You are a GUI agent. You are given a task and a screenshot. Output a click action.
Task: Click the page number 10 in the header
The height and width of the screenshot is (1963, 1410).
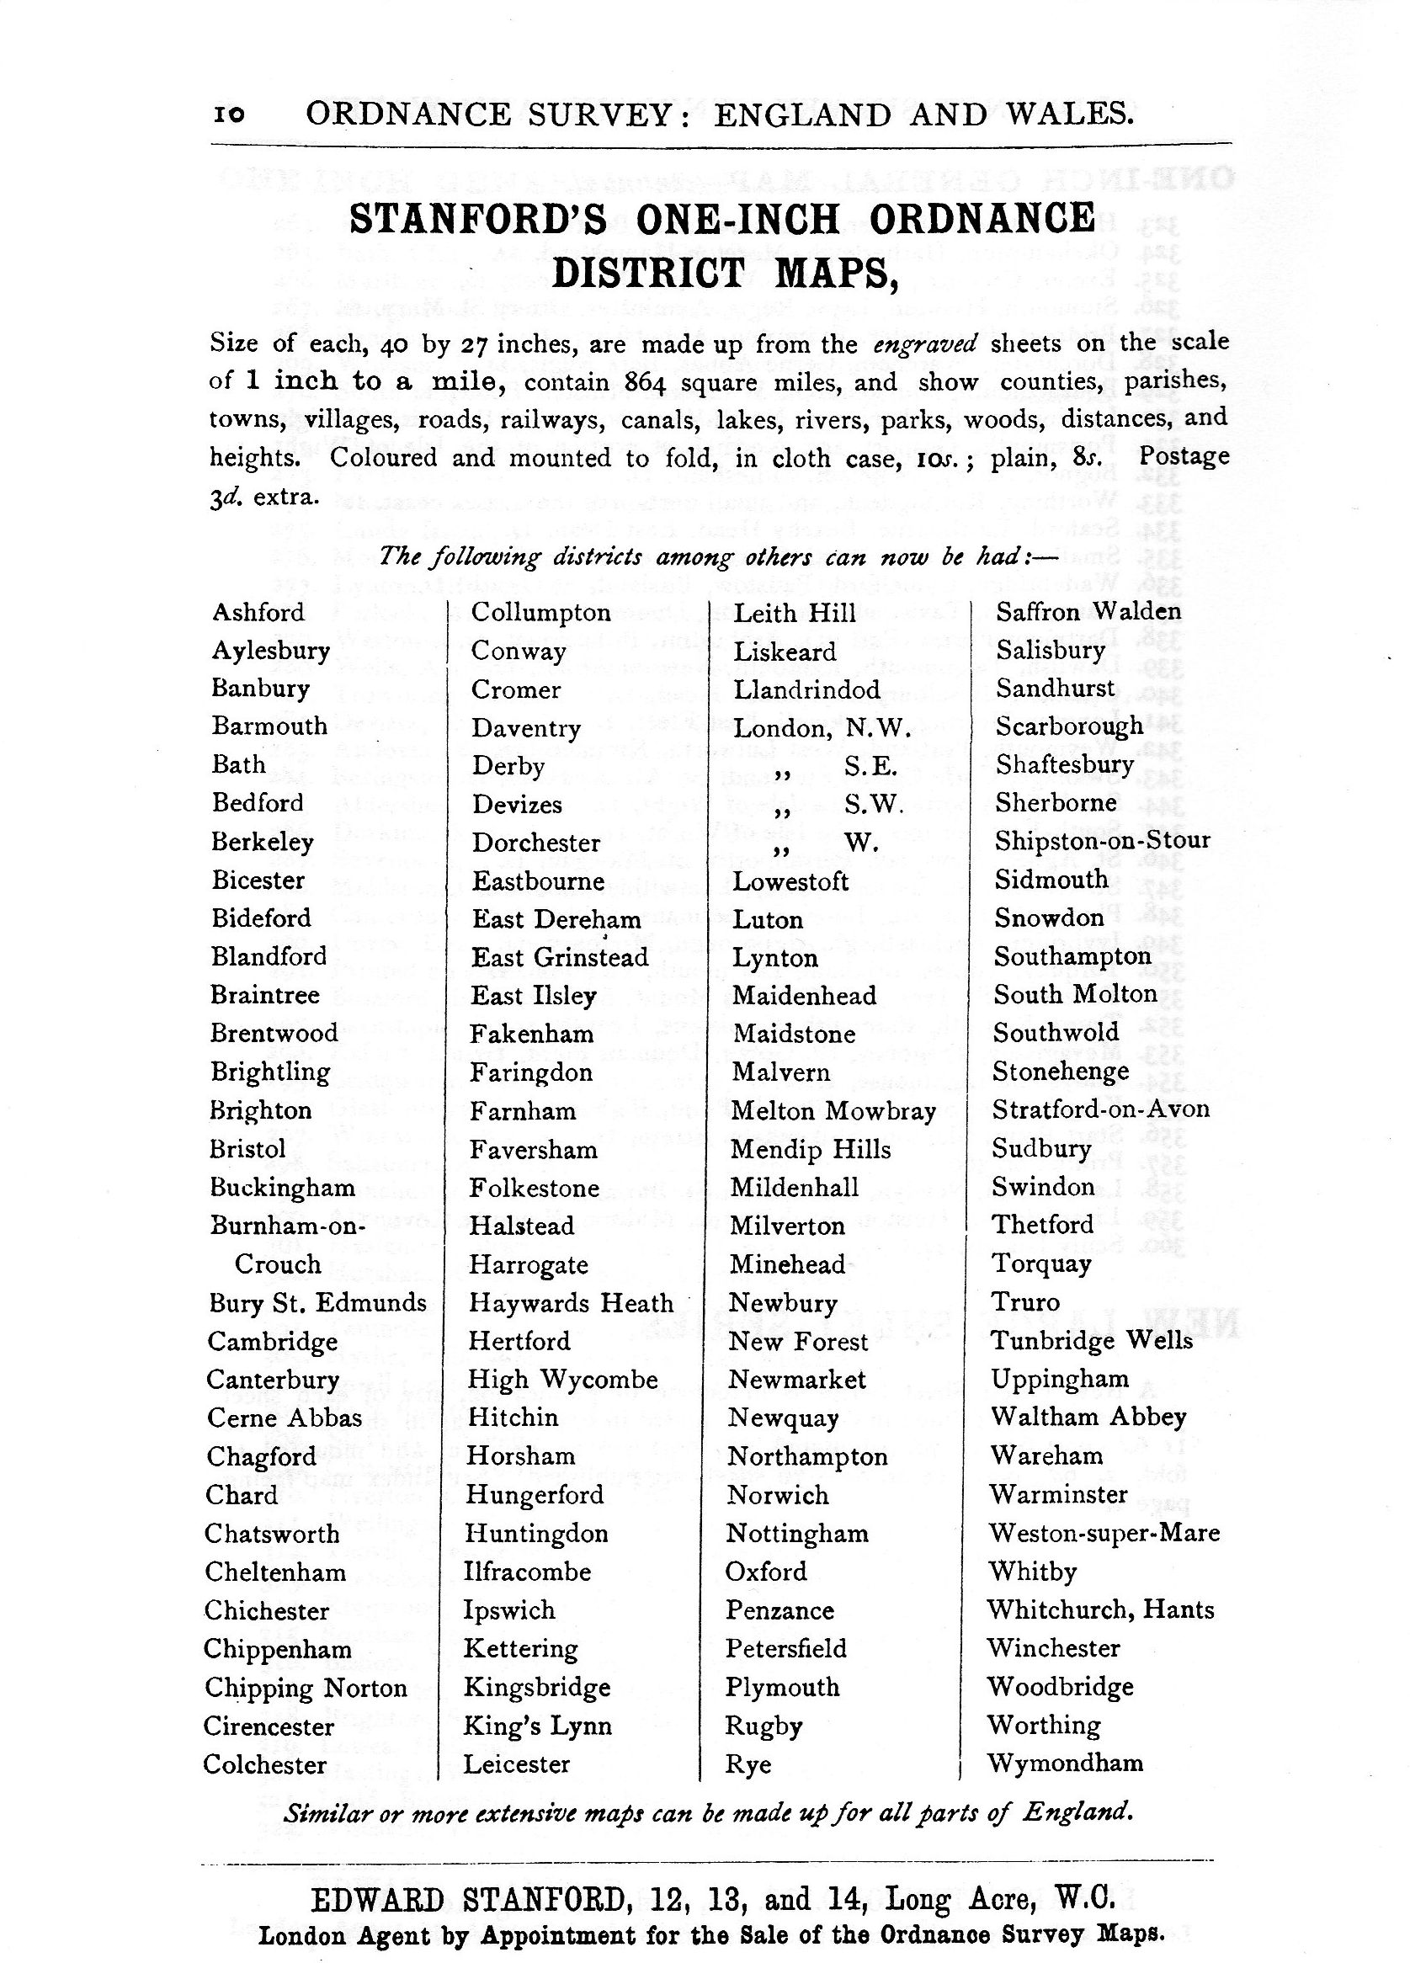point(228,114)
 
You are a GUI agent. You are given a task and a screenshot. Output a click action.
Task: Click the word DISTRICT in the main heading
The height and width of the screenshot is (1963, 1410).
point(648,273)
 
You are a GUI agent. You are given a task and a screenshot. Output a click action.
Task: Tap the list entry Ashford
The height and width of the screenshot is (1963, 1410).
point(258,613)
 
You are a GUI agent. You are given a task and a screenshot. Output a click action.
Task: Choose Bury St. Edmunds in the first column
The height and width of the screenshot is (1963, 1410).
point(317,1302)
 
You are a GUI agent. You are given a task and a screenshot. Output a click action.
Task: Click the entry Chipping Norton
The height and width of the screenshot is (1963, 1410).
point(306,1688)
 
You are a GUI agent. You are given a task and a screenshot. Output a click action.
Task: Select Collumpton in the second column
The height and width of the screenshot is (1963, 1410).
point(541,613)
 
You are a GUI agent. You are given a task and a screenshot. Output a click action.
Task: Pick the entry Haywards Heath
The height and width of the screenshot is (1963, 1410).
point(571,1302)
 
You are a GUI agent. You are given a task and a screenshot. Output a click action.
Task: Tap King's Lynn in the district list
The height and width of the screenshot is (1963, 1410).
point(538,1726)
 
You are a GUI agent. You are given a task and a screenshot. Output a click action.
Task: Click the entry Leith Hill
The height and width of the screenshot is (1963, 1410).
point(795,613)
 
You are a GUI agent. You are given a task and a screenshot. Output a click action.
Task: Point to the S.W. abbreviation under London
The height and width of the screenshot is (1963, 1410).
point(875,805)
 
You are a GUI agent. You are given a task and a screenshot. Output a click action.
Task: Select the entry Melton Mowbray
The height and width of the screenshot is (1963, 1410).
point(833,1110)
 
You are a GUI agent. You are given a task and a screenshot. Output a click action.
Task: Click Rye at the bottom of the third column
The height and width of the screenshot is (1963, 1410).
point(748,1764)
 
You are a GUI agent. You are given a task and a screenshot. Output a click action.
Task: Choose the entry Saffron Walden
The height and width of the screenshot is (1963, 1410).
point(1088,612)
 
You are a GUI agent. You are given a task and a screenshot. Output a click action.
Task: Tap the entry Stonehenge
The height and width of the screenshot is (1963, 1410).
point(1061,1072)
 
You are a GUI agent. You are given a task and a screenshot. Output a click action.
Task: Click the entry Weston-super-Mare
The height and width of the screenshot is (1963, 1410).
point(1104,1533)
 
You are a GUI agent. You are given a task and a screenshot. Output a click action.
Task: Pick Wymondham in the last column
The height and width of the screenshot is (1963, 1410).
point(1066,1762)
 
